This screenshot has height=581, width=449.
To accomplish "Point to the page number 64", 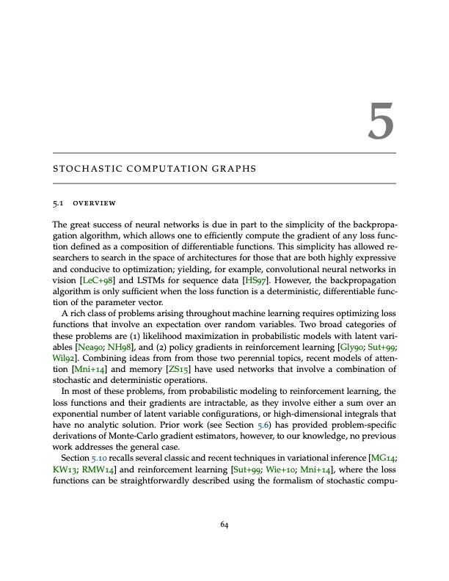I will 224,523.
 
